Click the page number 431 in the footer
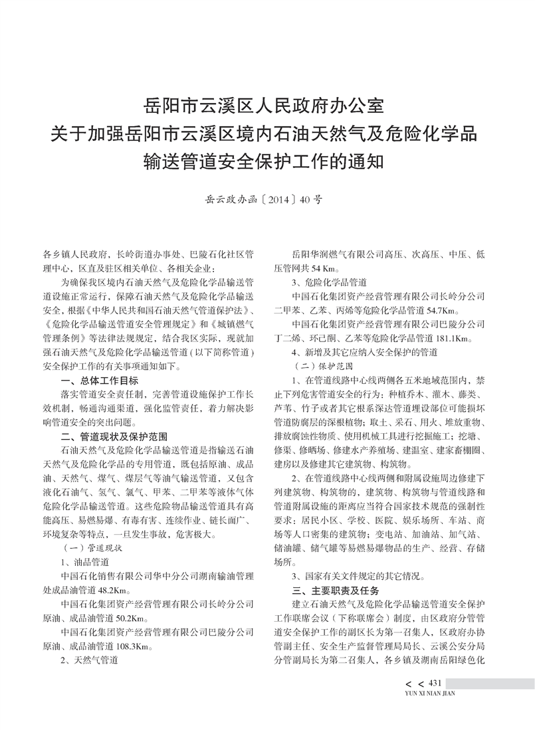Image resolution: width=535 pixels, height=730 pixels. click(436, 684)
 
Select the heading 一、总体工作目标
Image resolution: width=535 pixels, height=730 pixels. click(100, 380)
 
